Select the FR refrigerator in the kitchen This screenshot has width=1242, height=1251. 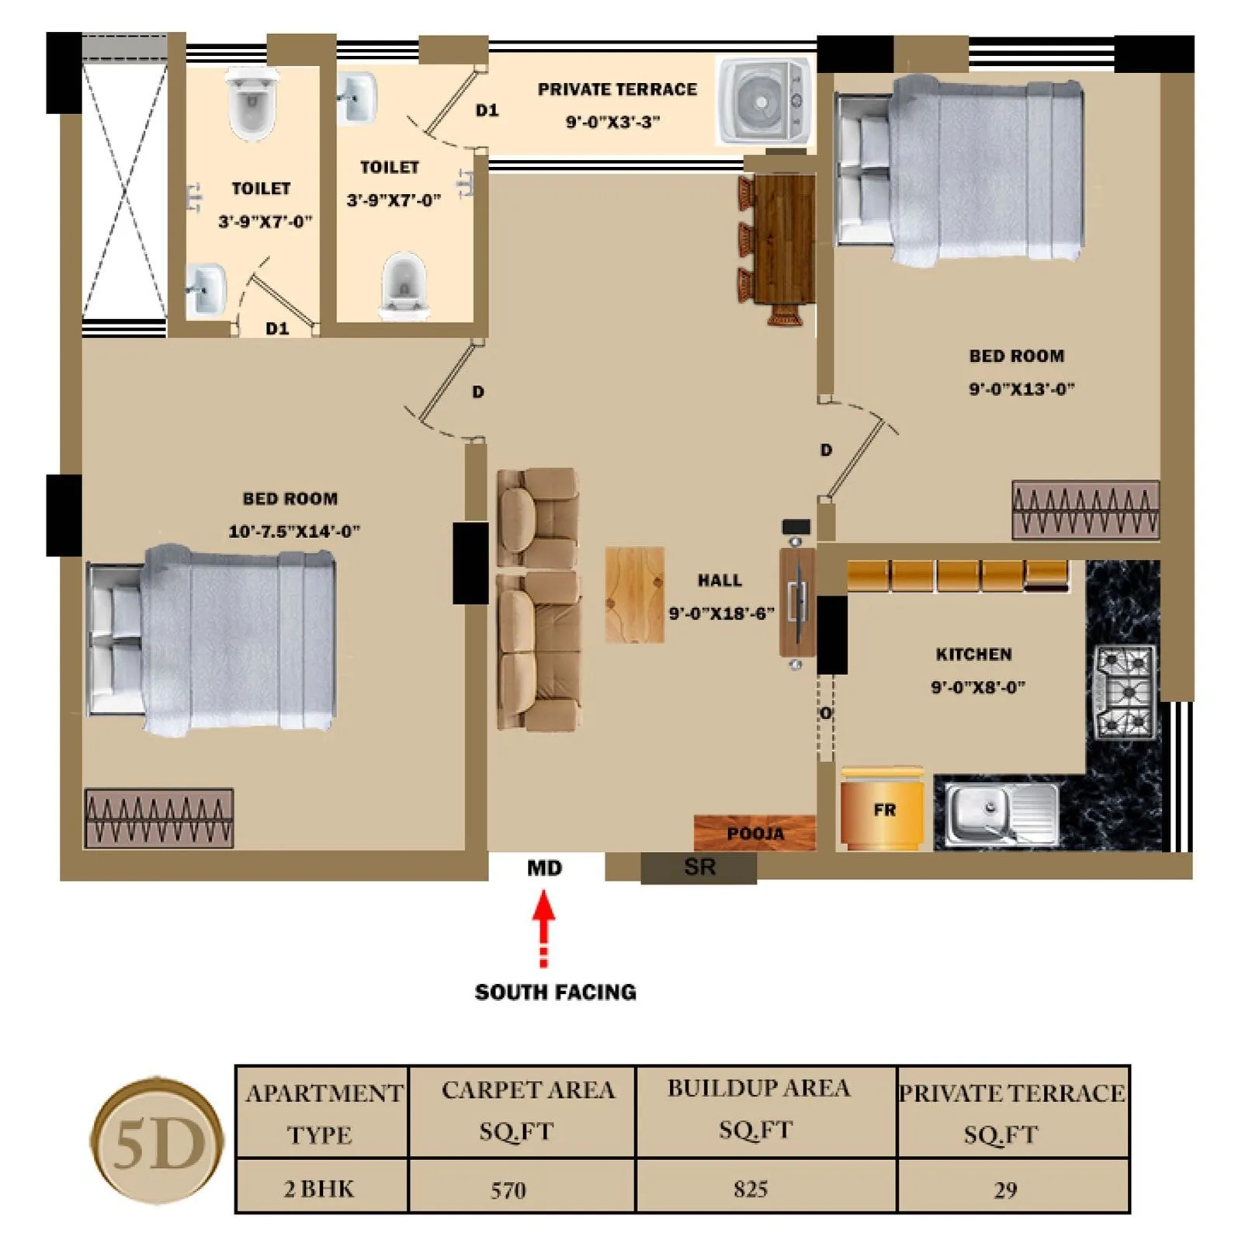point(883,809)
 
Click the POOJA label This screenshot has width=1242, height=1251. point(755,833)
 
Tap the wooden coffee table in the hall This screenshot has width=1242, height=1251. point(634,595)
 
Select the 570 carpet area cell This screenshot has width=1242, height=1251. point(508,1190)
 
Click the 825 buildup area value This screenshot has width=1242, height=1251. point(750,1189)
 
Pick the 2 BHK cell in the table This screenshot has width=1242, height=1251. point(319,1189)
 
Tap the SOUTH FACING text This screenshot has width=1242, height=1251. point(555,992)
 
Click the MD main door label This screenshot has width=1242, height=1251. point(544,868)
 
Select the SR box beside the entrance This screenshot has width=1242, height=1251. point(699,867)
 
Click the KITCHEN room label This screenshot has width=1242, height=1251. point(973,654)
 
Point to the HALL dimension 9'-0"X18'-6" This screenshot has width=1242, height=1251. point(721,613)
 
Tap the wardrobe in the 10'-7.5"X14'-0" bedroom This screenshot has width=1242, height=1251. point(158,818)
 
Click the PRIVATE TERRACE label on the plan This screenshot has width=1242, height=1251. point(617,89)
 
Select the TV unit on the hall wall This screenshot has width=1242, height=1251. point(796,602)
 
